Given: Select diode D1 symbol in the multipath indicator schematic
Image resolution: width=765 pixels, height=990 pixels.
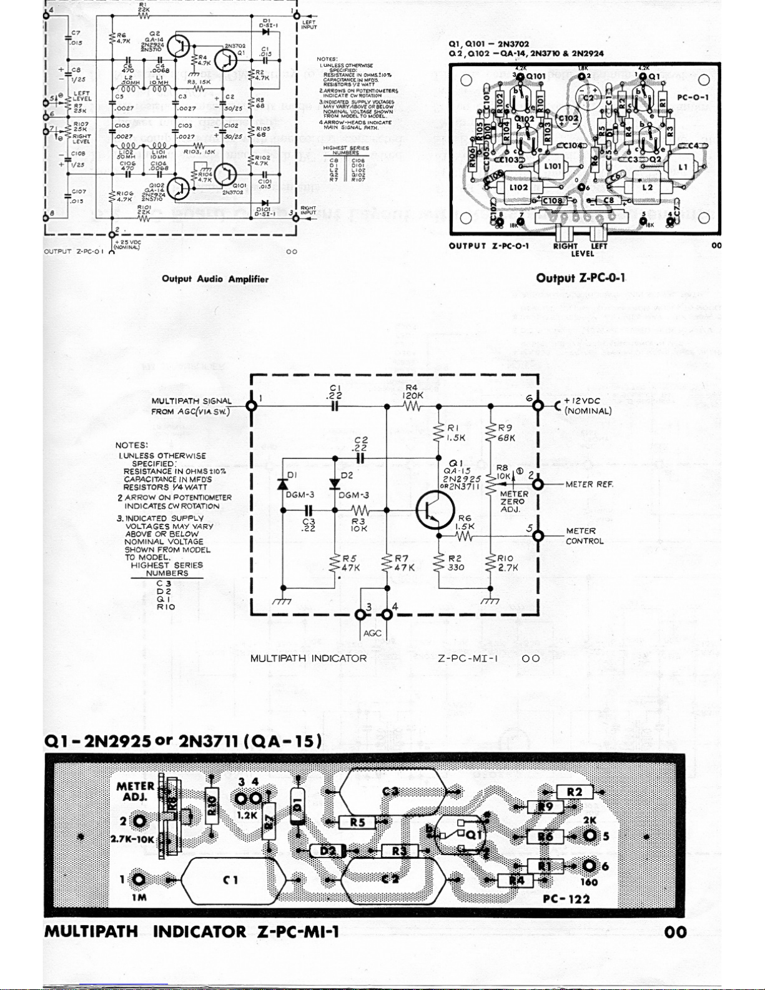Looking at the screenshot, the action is point(282,483).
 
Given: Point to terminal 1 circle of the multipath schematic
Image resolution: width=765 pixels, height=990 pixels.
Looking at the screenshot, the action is point(252,405).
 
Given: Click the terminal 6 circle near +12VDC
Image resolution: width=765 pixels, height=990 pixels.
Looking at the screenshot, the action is point(538,405).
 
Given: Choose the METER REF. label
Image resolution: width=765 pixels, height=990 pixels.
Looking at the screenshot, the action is point(589,484).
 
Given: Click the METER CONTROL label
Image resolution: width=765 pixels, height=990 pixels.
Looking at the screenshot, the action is point(585,536).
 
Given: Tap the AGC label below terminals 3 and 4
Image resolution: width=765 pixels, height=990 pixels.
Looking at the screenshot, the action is point(372,633).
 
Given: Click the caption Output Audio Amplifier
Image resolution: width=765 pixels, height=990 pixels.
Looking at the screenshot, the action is point(215,279).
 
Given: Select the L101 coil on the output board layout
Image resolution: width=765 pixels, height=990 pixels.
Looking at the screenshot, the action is point(553,167).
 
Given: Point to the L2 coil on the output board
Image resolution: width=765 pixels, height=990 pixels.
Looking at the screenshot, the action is point(647,187).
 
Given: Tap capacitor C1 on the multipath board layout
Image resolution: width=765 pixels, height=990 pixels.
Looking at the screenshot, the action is point(230,879).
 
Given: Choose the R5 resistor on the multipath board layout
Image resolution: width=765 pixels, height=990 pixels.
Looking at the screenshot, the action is point(357,822).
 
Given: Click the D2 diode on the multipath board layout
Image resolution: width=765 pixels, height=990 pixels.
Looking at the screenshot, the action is point(328,851).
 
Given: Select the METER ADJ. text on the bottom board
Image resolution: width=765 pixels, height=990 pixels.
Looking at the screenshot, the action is point(136,791).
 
